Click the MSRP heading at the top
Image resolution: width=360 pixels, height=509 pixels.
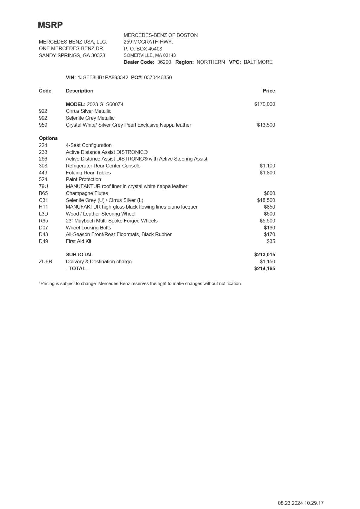50,25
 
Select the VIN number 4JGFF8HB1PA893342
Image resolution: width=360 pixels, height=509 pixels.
102,77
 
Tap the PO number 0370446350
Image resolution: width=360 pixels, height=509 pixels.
158,77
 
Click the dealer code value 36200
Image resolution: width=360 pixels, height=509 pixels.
164,62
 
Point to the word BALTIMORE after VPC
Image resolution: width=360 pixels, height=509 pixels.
258,62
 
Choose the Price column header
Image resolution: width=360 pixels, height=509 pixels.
269,91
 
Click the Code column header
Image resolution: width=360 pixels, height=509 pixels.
45,91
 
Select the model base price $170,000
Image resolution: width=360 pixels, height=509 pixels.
264,104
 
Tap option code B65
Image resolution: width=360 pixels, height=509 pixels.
43,193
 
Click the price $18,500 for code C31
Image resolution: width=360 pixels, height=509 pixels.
266,200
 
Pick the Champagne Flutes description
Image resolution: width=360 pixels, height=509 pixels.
87,193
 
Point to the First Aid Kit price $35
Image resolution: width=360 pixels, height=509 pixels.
271,241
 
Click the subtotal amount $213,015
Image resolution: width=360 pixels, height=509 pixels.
264,254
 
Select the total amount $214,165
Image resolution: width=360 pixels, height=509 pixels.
264,268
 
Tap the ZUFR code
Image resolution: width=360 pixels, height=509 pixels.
45,261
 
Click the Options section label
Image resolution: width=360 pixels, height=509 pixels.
48,138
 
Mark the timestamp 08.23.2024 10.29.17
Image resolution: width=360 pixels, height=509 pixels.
300,503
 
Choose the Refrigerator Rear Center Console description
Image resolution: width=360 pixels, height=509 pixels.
103,166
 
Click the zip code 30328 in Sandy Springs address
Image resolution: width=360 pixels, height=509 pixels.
98,55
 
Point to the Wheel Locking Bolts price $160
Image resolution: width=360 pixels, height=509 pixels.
269,228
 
